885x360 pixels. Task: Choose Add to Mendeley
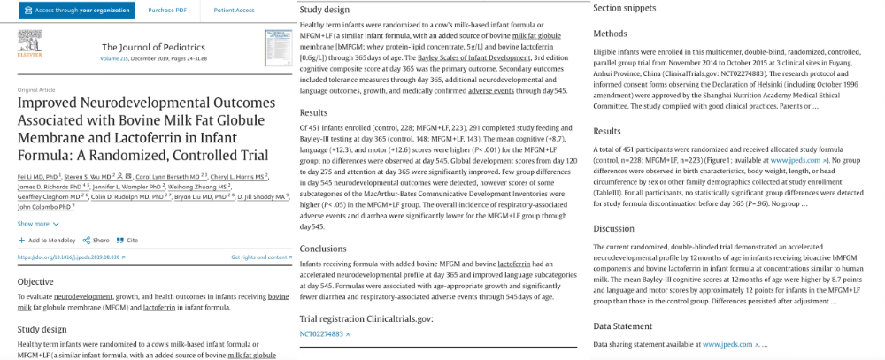coord(48,240)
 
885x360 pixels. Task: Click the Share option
coord(96,240)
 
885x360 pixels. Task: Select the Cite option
coord(127,240)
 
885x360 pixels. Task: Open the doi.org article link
coord(71,257)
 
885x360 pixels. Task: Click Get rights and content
coord(261,257)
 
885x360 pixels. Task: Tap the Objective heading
coord(35,281)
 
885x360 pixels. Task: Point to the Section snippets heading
coord(624,8)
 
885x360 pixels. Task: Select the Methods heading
coord(610,34)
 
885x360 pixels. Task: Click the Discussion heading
coord(615,229)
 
